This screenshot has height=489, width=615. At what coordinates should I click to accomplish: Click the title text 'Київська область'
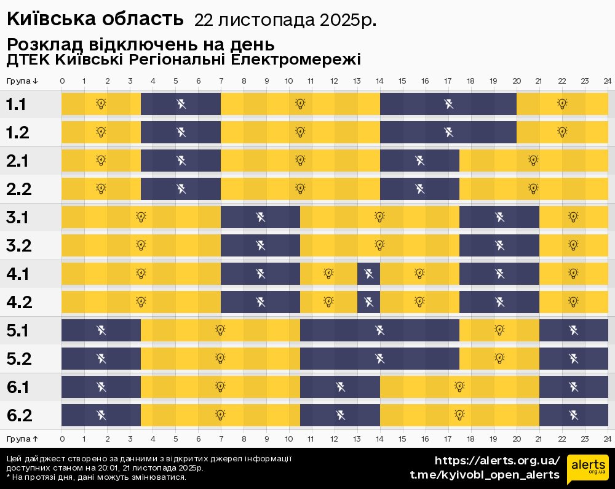(95, 19)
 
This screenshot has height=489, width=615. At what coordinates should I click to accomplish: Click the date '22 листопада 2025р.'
(285, 20)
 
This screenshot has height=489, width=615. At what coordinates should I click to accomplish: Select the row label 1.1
(16, 104)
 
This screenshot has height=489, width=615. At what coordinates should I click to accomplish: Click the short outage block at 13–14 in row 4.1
(368, 273)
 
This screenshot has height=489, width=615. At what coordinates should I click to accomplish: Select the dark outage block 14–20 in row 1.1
(448, 104)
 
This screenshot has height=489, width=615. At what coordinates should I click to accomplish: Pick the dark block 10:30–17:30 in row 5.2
(379, 359)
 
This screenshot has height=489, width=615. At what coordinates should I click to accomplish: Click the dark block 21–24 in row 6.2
(573, 415)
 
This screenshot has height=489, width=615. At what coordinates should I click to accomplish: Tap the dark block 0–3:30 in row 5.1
(101, 330)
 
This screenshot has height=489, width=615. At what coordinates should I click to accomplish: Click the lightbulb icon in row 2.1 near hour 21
(533, 160)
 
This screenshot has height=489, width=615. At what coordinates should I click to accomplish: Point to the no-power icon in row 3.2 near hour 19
(499, 245)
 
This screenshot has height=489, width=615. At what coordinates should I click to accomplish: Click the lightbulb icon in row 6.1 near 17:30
(459, 386)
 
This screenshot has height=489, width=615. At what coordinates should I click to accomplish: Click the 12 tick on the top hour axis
(334, 81)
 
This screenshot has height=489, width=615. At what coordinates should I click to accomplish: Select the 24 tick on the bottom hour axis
(607, 439)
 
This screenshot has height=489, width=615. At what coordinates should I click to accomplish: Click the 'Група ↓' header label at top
(23, 81)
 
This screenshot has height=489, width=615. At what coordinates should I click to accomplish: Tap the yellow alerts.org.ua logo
(587, 471)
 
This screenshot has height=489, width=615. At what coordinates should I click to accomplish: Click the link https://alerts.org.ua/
(497, 461)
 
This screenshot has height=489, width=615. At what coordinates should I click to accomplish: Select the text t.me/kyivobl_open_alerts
(485, 475)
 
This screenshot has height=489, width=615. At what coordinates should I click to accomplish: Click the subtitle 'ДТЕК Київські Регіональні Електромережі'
(183, 60)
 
